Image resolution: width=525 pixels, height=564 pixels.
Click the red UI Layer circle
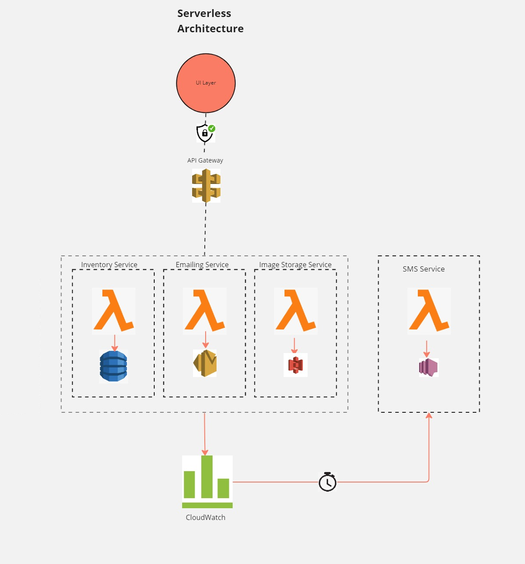[206, 83]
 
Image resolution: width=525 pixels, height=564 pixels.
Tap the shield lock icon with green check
[205, 133]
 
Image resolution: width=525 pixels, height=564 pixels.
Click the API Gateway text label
[205, 160]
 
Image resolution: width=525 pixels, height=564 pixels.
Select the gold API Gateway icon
[206, 186]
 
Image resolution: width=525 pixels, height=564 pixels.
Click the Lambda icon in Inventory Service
[114, 311]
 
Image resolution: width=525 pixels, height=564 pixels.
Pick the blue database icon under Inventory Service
[113, 366]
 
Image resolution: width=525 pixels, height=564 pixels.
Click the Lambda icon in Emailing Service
[205, 311]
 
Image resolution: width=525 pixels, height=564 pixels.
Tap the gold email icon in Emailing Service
[205, 363]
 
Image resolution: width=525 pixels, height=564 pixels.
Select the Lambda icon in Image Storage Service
[296, 311]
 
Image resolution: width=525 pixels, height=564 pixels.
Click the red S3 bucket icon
[295, 365]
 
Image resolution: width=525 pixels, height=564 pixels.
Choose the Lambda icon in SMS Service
[429, 311]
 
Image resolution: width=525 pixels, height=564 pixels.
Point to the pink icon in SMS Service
[428, 367]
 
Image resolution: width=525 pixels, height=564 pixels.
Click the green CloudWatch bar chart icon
[207, 482]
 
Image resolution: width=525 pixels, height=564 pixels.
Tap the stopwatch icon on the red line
[327, 482]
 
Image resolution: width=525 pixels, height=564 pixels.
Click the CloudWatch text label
[205, 517]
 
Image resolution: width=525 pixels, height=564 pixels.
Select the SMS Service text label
[423, 269]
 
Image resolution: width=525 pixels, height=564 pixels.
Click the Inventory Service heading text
[109, 265]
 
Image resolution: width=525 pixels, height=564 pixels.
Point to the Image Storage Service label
[295, 265]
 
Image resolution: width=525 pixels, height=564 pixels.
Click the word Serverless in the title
[204, 14]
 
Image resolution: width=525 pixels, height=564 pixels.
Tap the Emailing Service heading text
[202, 265]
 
